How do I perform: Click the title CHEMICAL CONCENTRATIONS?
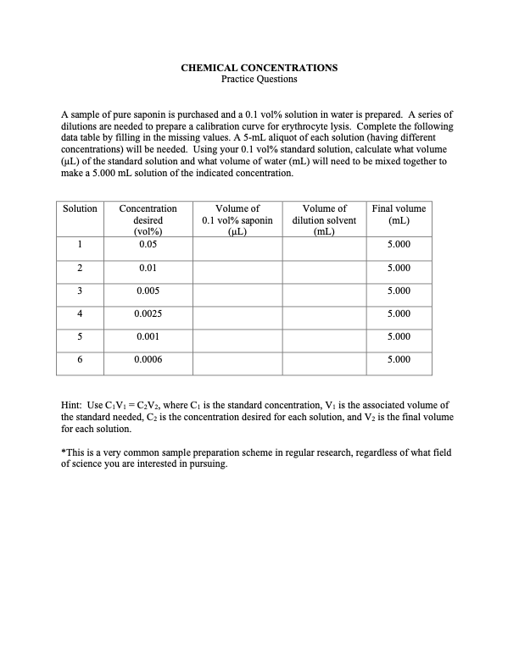click(x=259, y=67)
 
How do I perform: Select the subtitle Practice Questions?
click(x=259, y=79)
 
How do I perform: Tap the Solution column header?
click(x=81, y=208)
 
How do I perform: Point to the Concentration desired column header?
click(x=148, y=219)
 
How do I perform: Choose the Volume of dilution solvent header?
click(x=324, y=219)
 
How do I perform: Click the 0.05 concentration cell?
click(x=148, y=245)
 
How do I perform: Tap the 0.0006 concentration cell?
click(x=148, y=359)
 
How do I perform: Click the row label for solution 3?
click(x=81, y=291)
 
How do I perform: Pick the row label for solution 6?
click(x=81, y=359)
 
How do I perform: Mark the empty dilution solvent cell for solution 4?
click(x=324, y=315)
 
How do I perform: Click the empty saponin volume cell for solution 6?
click(x=237, y=361)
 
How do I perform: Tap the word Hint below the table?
click(x=73, y=406)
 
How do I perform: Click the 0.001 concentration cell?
click(x=148, y=336)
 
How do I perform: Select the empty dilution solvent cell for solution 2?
click(x=324, y=269)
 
